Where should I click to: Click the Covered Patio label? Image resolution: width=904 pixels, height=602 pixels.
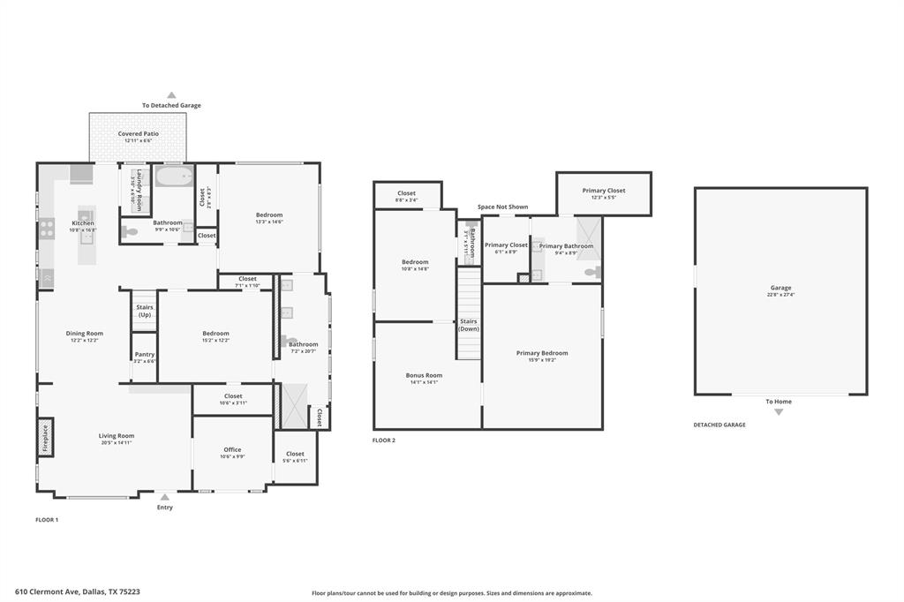[139, 133]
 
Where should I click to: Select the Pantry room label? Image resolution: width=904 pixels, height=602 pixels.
[144, 355]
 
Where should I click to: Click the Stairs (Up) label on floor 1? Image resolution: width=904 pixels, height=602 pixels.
[144, 311]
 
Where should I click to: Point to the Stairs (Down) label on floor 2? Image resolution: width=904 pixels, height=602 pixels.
[468, 325]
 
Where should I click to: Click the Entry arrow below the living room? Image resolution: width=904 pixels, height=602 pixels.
[165, 497]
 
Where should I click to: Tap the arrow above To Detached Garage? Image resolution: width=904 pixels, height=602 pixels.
[171, 94]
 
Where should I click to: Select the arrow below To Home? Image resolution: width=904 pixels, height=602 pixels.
[778, 411]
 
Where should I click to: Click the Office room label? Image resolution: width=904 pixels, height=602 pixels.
[232, 449]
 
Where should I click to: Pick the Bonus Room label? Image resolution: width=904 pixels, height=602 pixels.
[424, 375]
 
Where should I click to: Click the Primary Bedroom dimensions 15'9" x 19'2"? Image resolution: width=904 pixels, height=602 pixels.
[542, 359]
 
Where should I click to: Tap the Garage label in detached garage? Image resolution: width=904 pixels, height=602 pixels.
[780, 287]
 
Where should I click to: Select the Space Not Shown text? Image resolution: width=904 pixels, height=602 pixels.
[502, 207]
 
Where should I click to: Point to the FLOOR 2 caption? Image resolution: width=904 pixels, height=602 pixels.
[383, 440]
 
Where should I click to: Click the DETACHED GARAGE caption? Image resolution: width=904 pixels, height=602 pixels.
[719, 425]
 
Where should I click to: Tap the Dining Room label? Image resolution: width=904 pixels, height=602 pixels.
[85, 333]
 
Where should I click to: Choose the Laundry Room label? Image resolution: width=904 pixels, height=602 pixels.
[139, 187]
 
